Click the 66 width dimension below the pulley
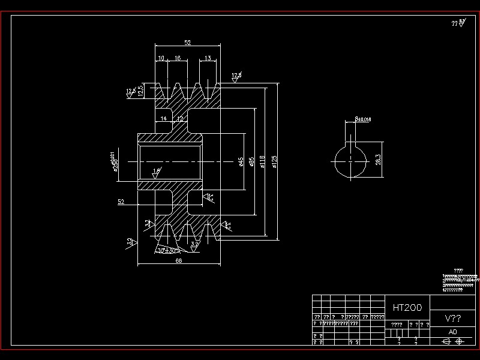(178, 261)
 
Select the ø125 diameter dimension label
(274, 161)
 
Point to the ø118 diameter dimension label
(262, 161)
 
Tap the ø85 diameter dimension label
(252, 161)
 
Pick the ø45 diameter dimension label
(241, 161)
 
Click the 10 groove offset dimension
(161, 58)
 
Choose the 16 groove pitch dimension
(178, 58)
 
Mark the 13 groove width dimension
(208, 58)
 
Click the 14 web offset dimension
(163, 119)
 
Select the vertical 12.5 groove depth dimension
(140, 91)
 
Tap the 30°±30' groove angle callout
(166, 251)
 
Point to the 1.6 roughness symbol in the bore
(157, 172)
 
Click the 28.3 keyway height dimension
(378, 160)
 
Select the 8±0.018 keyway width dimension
(363, 119)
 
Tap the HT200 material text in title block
(407, 307)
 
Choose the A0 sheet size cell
(452, 331)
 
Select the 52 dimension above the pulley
(187, 43)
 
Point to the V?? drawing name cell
(452, 318)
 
